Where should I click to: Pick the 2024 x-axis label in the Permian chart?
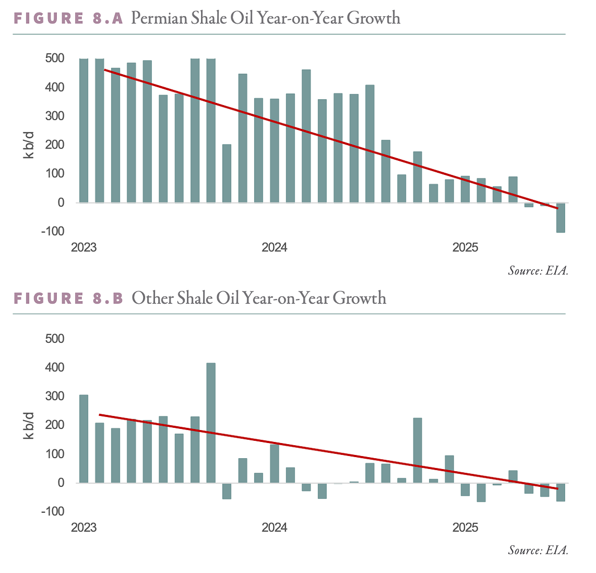pos(275,248)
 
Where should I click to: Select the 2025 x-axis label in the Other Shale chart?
pos(465,528)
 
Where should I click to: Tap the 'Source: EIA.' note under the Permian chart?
pos(537,271)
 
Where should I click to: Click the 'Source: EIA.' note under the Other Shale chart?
pos(537,551)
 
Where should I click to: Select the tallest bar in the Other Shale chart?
pos(211,422)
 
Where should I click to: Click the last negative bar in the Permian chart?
pos(560,218)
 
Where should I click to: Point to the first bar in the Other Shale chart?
pos(84,439)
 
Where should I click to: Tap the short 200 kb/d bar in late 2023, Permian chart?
pos(227,173)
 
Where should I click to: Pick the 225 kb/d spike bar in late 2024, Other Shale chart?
pos(417,450)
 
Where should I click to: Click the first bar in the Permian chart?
pos(84,131)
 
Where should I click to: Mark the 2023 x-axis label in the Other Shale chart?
pos(84,528)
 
